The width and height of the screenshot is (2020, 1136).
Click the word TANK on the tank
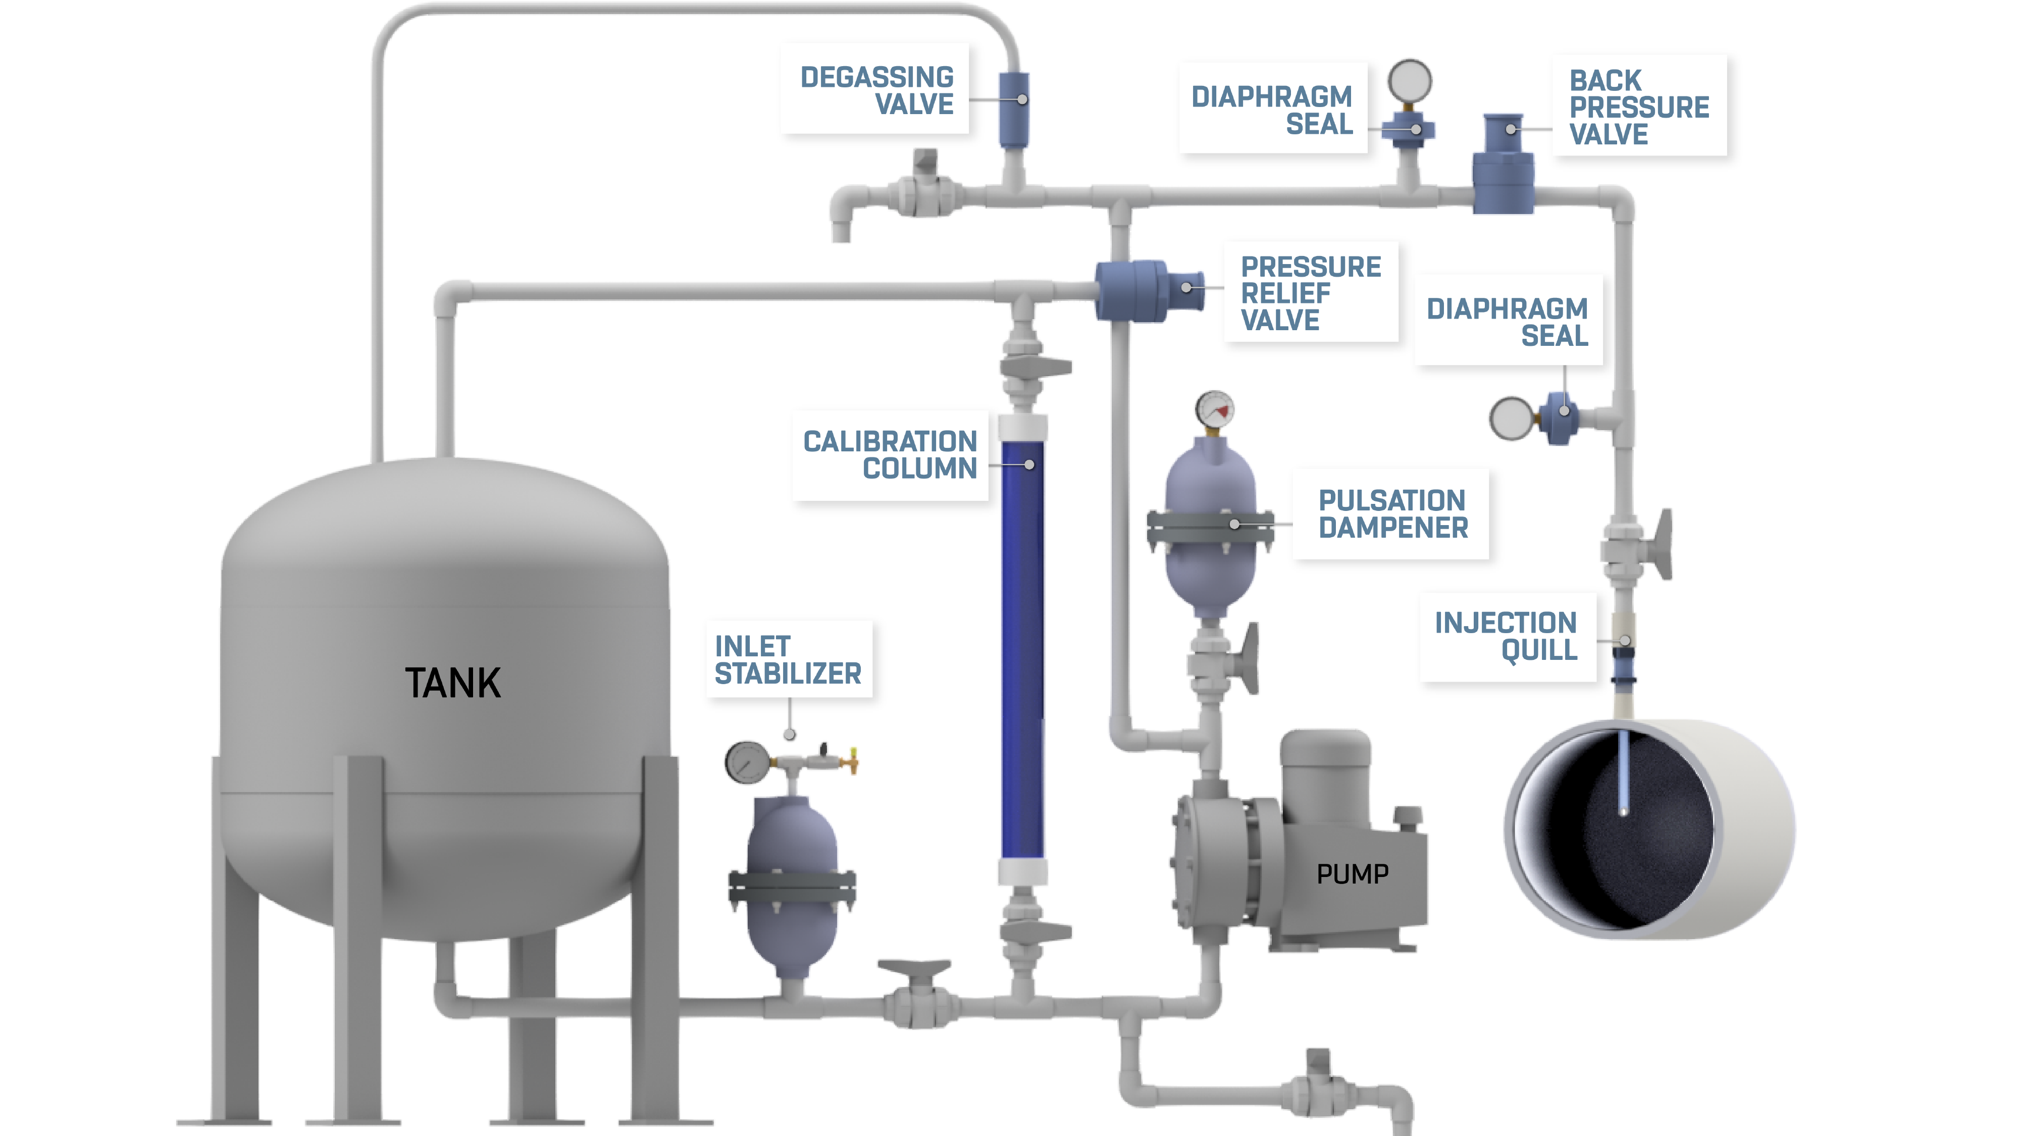(x=452, y=683)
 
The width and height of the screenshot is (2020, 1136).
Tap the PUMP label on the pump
(x=1352, y=873)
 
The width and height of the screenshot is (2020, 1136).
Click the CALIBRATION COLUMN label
(x=890, y=455)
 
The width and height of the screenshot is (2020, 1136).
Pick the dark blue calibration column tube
(x=1022, y=651)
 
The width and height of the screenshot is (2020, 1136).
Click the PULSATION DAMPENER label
(x=1392, y=513)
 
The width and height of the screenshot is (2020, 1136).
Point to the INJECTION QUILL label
(x=1506, y=636)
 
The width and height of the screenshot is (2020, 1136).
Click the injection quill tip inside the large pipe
(x=1623, y=807)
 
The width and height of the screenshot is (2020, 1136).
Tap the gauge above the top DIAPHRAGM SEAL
(x=1409, y=81)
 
